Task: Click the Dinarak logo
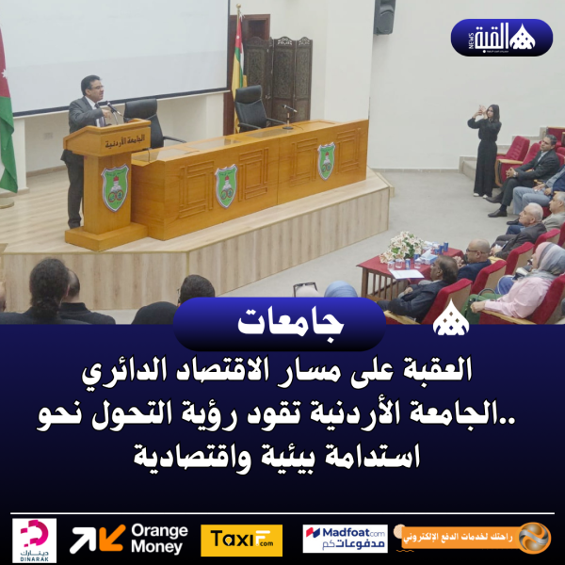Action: click(35, 540)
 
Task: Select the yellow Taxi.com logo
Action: click(241, 540)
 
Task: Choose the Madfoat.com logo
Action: click(345, 540)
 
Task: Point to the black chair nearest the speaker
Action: click(144, 121)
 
